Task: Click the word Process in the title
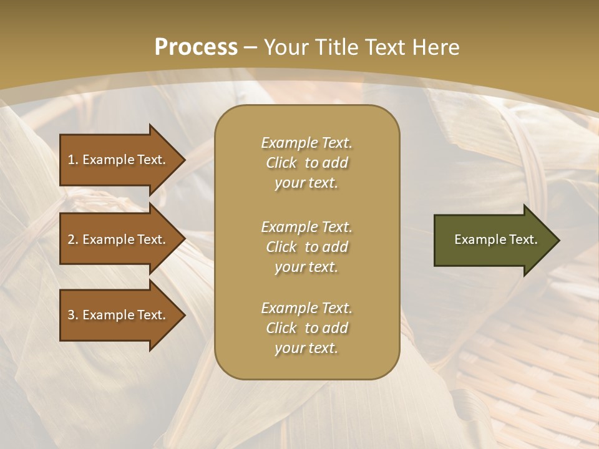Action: [196, 47]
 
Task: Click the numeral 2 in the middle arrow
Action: [71, 239]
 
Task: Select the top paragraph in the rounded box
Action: [306, 163]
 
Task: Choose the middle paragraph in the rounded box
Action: [306, 247]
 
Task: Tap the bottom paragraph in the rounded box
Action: [306, 328]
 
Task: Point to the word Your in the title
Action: [287, 47]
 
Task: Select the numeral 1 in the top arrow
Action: [71, 160]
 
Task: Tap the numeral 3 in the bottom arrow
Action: [71, 315]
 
